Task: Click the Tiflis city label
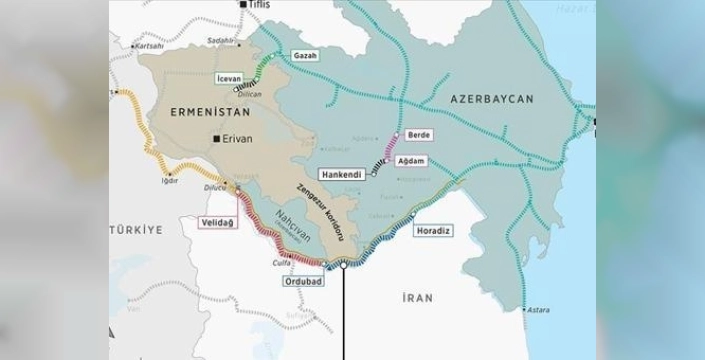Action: [x=259, y=5]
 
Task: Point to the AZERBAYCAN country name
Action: [x=492, y=98]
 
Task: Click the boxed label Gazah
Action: [x=305, y=55]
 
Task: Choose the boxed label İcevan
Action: [x=229, y=76]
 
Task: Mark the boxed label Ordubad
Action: [x=304, y=280]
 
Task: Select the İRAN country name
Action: [x=417, y=297]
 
